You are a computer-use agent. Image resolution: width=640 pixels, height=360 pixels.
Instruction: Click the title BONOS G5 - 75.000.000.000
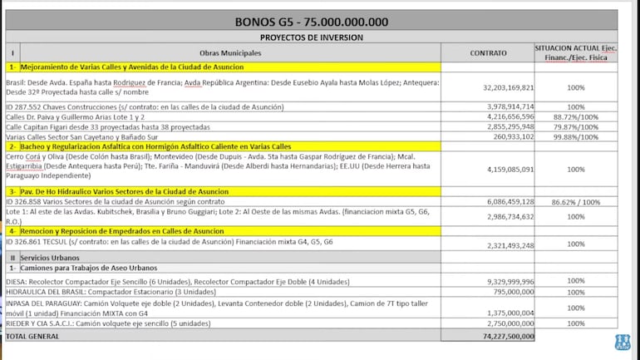coord(311,22)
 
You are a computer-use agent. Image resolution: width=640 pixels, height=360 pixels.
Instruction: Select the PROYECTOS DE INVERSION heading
coord(311,37)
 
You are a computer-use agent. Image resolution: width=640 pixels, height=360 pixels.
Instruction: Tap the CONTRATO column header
coord(487,52)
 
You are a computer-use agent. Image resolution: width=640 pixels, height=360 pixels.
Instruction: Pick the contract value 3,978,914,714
coord(510,107)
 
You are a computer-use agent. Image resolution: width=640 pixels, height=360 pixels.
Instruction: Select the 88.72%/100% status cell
coord(575,117)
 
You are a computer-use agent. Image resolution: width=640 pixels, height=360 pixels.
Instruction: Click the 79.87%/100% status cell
coord(575,127)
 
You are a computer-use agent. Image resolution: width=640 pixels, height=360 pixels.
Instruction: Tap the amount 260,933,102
coord(514,137)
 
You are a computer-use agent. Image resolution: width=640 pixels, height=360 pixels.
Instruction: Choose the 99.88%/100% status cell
coord(575,137)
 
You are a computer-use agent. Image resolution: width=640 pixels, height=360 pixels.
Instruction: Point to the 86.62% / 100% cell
coord(575,201)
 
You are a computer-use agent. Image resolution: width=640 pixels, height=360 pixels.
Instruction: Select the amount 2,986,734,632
coord(510,216)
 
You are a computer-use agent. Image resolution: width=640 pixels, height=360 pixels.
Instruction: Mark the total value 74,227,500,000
coord(506,337)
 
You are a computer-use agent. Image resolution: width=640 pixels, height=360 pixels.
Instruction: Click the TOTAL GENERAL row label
coord(33,337)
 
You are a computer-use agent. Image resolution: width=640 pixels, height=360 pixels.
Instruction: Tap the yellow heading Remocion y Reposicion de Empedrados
coord(116,231)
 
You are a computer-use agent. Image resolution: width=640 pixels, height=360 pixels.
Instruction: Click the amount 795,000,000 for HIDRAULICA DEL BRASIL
coord(514,292)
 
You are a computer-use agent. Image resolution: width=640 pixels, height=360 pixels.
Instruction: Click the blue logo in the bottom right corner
coord(622,342)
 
